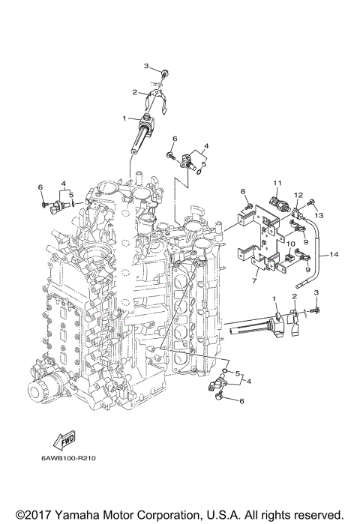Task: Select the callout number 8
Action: [244, 193]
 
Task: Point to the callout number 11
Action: [277, 183]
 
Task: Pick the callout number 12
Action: [298, 196]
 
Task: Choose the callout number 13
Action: [320, 215]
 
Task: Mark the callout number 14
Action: [334, 255]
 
